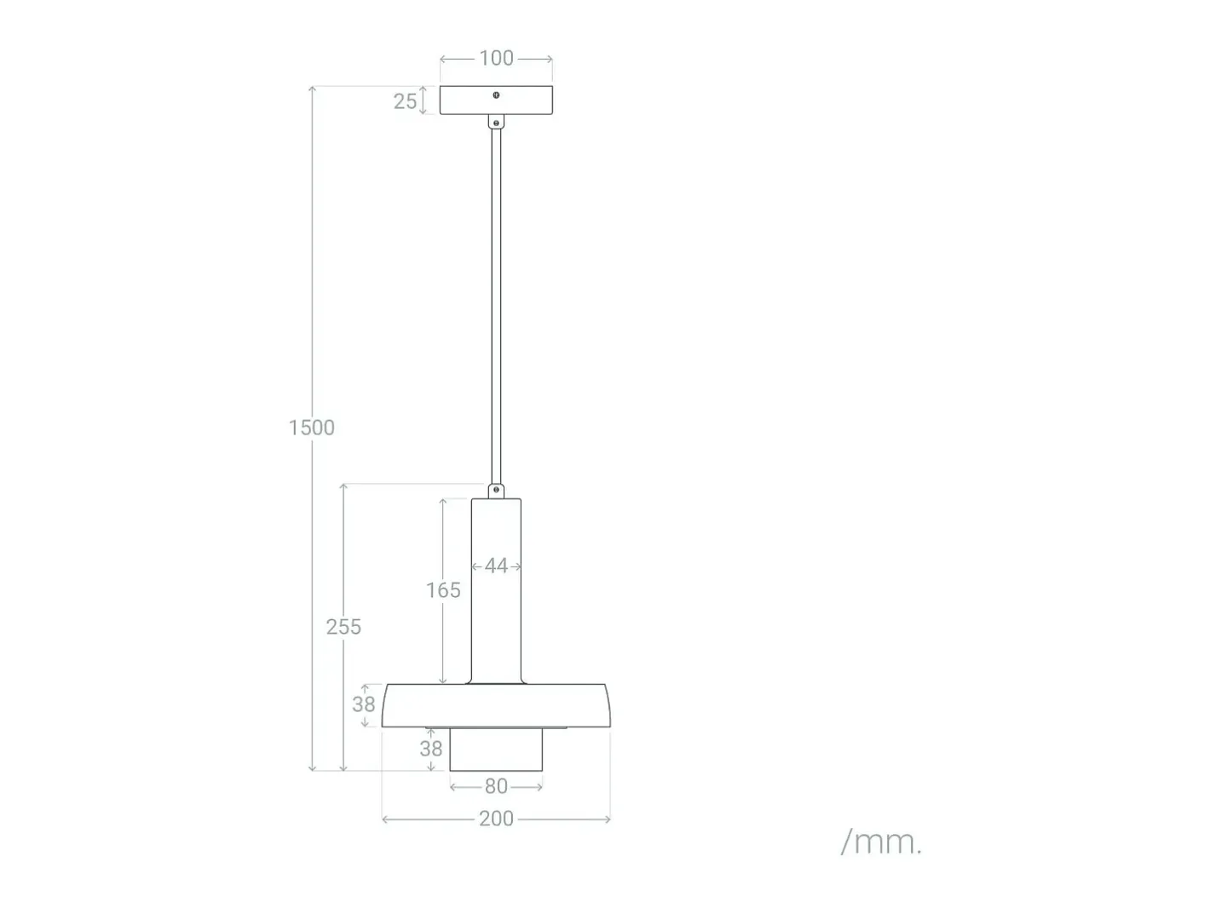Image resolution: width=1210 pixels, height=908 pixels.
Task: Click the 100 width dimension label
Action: coord(496,59)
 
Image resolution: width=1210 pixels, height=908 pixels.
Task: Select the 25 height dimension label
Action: coord(405,101)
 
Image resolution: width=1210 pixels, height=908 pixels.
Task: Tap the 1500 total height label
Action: coord(312,428)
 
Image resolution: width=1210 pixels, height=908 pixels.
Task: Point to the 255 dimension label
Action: coord(343,627)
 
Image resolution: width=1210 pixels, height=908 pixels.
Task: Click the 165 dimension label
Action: coord(443,590)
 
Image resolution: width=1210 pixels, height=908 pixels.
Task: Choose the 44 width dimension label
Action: coord(496,566)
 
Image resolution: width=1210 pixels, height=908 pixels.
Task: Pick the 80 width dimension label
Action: coord(496,787)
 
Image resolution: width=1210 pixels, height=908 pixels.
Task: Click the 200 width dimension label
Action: coord(496,819)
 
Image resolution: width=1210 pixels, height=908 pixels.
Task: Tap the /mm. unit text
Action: coord(881,842)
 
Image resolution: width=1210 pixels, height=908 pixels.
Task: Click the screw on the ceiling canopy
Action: coord(496,95)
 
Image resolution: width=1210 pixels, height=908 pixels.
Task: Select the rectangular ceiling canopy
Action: coord(496,101)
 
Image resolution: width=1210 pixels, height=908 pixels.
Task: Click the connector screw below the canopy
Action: coord(496,123)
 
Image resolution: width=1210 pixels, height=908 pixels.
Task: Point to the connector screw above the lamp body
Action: coord(496,489)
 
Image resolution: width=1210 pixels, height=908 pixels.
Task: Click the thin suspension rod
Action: coord(496,307)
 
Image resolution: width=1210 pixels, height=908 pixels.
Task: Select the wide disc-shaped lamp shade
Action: coord(496,706)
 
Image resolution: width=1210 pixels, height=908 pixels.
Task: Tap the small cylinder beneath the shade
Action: coord(496,750)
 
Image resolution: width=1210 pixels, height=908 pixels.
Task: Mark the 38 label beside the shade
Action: coord(364,704)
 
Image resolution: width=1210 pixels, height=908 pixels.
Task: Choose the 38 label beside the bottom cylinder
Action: coord(431,749)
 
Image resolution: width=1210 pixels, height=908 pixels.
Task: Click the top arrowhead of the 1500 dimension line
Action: coord(313,89)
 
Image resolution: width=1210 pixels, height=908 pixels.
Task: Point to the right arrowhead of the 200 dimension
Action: coord(608,820)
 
